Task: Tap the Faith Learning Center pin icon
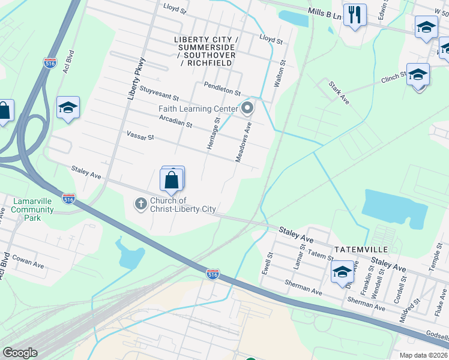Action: click(x=247, y=109)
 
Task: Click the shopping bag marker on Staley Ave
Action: click(x=172, y=180)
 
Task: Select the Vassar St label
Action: click(x=140, y=137)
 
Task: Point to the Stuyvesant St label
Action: click(x=159, y=95)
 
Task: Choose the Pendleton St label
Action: click(x=221, y=89)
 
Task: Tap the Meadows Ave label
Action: click(x=246, y=143)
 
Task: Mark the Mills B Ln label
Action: click(x=324, y=13)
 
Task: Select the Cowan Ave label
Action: click(x=29, y=263)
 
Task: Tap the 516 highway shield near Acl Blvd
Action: click(x=50, y=62)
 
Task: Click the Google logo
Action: click(x=20, y=353)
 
